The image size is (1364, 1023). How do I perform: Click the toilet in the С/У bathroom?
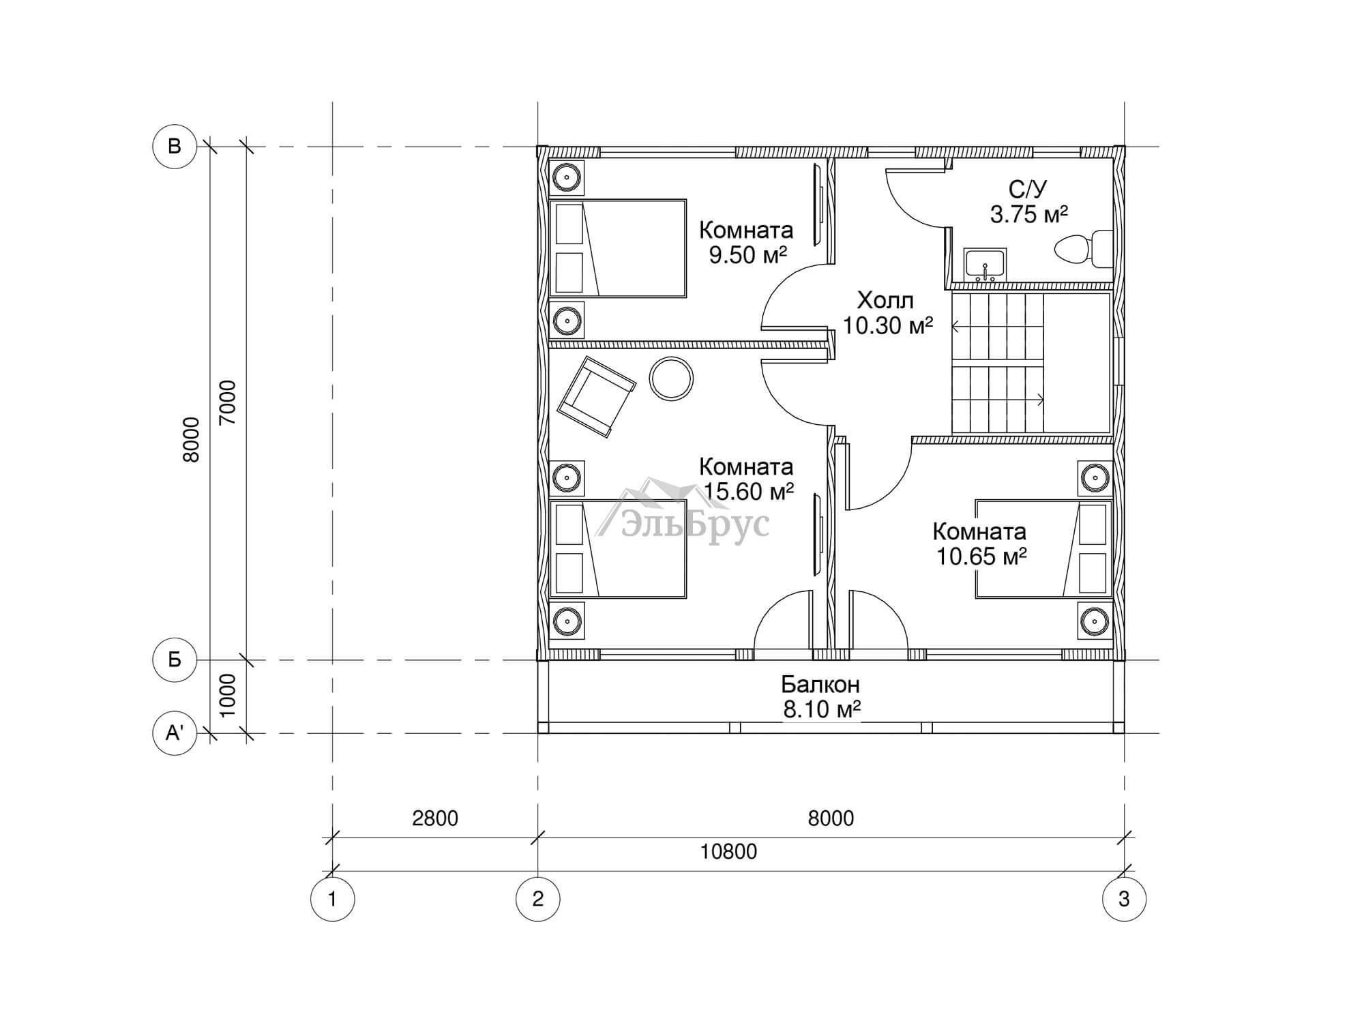pyautogui.click(x=1084, y=249)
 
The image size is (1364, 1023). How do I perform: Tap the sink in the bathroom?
pyautogui.click(x=984, y=265)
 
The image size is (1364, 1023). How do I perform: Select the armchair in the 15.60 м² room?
pyautogui.click(x=597, y=396)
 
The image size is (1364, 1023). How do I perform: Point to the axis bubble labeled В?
pyautogui.click(x=175, y=146)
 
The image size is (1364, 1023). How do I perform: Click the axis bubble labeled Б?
pyautogui.click(x=175, y=659)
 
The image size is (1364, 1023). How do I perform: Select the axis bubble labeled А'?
pyautogui.click(x=175, y=733)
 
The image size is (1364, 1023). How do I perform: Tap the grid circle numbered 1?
pyautogui.click(x=332, y=900)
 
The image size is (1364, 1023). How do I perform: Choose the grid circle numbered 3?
pyautogui.click(x=1124, y=900)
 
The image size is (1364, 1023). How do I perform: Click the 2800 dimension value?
pyautogui.click(x=435, y=818)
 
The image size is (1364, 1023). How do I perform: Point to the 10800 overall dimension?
pyautogui.click(x=728, y=852)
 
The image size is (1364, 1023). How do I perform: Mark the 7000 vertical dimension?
pyautogui.click(x=228, y=402)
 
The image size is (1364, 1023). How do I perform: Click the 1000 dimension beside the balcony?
pyautogui.click(x=228, y=695)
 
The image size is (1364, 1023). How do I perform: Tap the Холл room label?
pyautogui.click(x=885, y=300)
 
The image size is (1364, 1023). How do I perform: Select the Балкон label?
pyautogui.click(x=820, y=683)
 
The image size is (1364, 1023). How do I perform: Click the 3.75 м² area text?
pyautogui.click(x=1028, y=215)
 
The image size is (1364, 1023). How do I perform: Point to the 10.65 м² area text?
pyautogui.click(x=981, y=557)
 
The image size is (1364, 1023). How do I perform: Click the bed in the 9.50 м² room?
pyautogui.click(x=618, y=248)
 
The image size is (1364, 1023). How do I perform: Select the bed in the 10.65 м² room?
pyautogui.click(x=1043, y=549)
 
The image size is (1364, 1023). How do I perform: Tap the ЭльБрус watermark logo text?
pyautogui.click(x=695, y=524)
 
